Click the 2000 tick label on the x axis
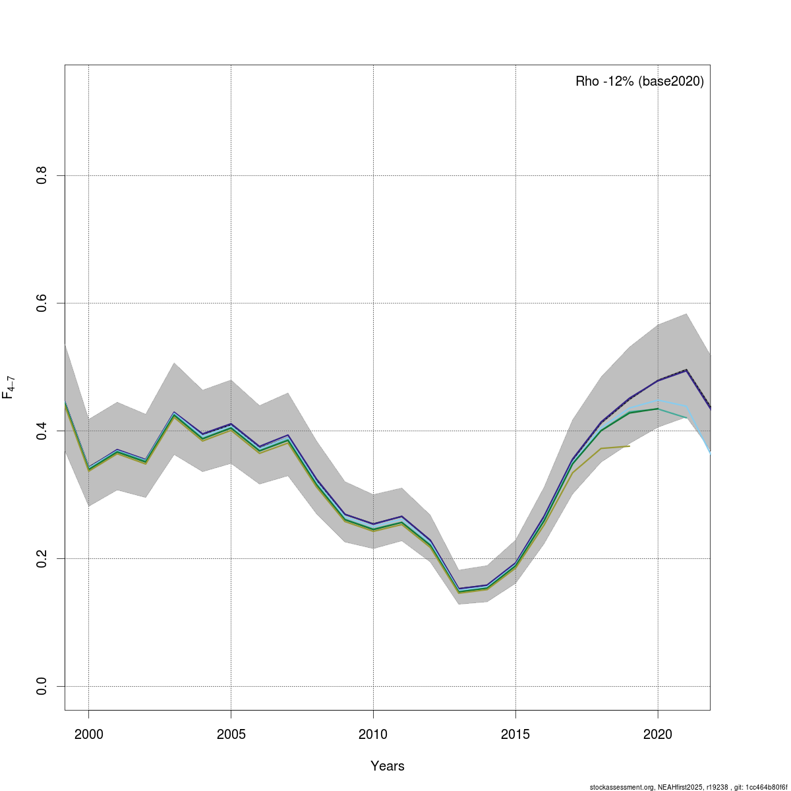[88, 734]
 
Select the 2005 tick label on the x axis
[231, 734]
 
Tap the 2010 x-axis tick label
[373, 734]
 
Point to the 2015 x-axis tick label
[515, 734]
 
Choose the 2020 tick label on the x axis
[658, 734]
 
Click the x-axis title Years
[388, 766]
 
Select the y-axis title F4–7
[9, 388]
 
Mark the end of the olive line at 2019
[630, 446]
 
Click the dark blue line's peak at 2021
[686, 370]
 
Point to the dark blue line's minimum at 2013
[459, 589]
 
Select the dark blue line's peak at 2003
[174, 413]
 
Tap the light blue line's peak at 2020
[658, 400]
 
